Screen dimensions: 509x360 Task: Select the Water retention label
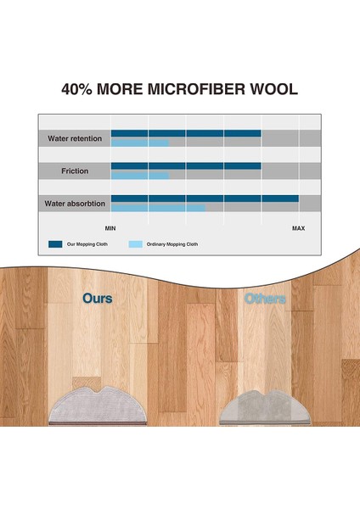click(x=74, y=137)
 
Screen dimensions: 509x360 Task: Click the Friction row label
click(x=74, y=171)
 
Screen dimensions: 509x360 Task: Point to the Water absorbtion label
click(x=75, y=204)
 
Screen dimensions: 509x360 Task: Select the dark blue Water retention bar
click(x=185, y=133)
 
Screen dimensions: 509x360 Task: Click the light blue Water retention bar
click(x=140, y=143)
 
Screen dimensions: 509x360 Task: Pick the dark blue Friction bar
click(x=185, y=165)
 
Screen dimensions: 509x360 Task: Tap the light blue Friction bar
click(x=140, y=176)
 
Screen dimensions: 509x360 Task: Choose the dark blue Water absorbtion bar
click(x=204, y=199)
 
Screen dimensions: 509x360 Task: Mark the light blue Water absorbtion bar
click(x=158, y=208)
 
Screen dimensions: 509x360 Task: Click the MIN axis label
click(x=110, y=228)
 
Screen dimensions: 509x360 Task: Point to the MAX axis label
click(x=299, y=228)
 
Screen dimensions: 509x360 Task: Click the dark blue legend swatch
click(x=55, y=243)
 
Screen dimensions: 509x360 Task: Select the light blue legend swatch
click(x=136, y=243)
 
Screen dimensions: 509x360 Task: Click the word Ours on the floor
click(x=97, y=299)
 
